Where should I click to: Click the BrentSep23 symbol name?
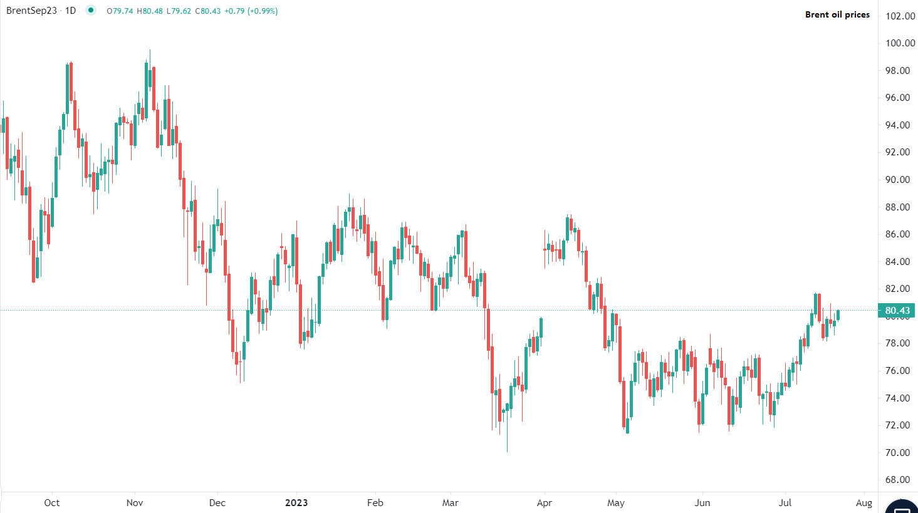coord(31,11)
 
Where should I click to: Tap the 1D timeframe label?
coord(70,11)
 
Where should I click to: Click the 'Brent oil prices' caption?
coord(837,14)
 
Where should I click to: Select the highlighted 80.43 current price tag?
coord(897,311)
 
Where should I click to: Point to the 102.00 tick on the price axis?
coord(900,16)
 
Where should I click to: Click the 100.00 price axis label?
coord(900,43)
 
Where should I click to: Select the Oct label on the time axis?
coord(52,502)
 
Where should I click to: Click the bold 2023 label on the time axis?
coord(296,502)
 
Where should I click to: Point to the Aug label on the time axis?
coord(864,502)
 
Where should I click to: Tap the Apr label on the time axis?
coord(545,502)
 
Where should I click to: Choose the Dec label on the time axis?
coord(217,502)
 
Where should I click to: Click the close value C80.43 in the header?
coord(208,11)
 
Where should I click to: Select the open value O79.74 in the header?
coord(120,11)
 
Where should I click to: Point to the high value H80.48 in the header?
coord(149,11)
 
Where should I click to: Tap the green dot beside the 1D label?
coord(91,10)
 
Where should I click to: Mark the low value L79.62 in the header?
coord(179,11)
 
